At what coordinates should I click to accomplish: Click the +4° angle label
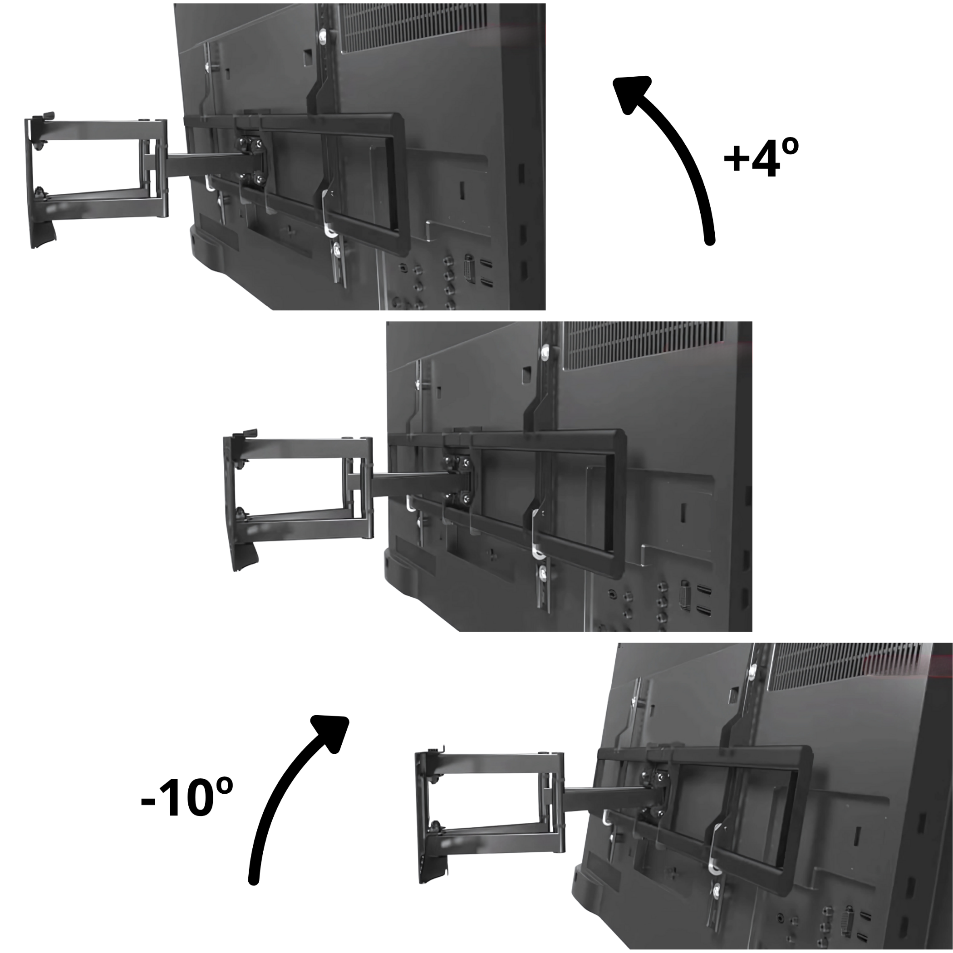761,157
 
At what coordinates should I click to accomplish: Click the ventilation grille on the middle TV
644,345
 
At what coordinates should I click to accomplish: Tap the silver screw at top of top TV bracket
324,36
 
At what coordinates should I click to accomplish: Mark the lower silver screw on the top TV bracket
337,251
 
